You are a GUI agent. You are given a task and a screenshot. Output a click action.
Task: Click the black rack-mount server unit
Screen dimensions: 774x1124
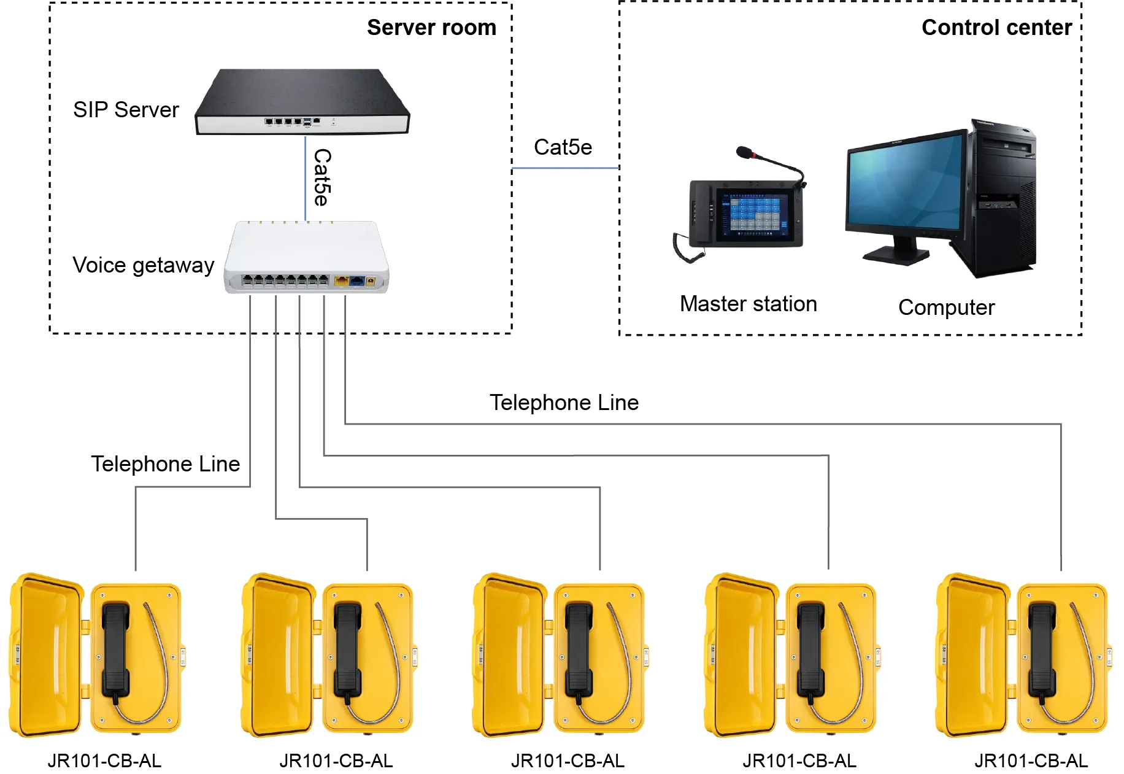pyautogui.click(x=301, y=101)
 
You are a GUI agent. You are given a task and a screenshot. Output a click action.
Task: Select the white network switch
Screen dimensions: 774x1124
pyautogui.click(x=306, y=256)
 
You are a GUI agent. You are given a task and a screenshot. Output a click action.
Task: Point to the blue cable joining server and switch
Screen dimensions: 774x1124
pyautogui.click(x=306, y=178)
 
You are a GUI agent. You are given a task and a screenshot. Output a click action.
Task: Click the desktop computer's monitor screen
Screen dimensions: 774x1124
pyautogui.click(x=903, y=184)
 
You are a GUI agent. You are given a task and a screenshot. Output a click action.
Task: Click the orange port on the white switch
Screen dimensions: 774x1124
pyautogui.click(x=341, y=281)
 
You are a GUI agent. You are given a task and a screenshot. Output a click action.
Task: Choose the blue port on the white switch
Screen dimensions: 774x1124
pyautogui.click(x=356, y=281)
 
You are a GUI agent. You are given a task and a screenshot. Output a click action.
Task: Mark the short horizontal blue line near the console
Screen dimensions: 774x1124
pyautogui.click(x=566, y=168)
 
